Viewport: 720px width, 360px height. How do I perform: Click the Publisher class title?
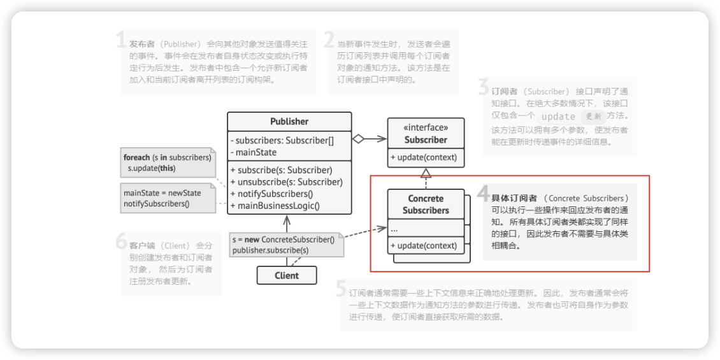(x=289, y=122)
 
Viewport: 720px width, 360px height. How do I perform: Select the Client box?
(x=287, y=275)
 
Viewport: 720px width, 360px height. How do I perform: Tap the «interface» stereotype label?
(x=426, y=127)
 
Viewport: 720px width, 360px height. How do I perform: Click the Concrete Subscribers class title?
(x=426, y=204)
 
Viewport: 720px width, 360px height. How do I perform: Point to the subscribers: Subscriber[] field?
(x=282, y=141)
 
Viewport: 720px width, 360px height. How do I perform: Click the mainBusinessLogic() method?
(x=278, y=205)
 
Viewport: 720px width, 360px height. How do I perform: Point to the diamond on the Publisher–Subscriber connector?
(x=359, y=139)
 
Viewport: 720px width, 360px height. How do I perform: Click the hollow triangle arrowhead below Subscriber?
(x=426, y=172)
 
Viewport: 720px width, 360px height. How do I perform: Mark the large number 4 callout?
(x=483, y=194)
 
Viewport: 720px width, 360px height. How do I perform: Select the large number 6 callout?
(x=121, y=242)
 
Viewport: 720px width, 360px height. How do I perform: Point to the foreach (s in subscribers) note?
(x=167, y=157)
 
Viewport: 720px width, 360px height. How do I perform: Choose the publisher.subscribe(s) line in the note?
(x=270, y=250)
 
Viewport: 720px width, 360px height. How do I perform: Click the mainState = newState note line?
(x=162, y=193)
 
